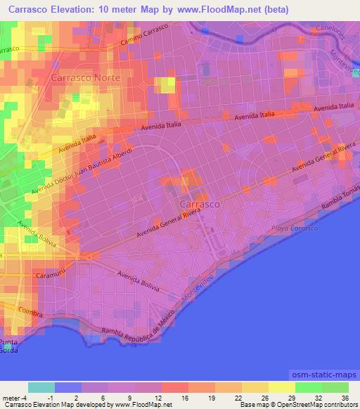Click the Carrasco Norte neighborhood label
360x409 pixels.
[86, 77]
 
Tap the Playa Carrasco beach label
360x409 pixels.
[295, 229]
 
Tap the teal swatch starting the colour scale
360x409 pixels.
[41, 387]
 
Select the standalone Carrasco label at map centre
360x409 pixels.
[195, 204]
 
